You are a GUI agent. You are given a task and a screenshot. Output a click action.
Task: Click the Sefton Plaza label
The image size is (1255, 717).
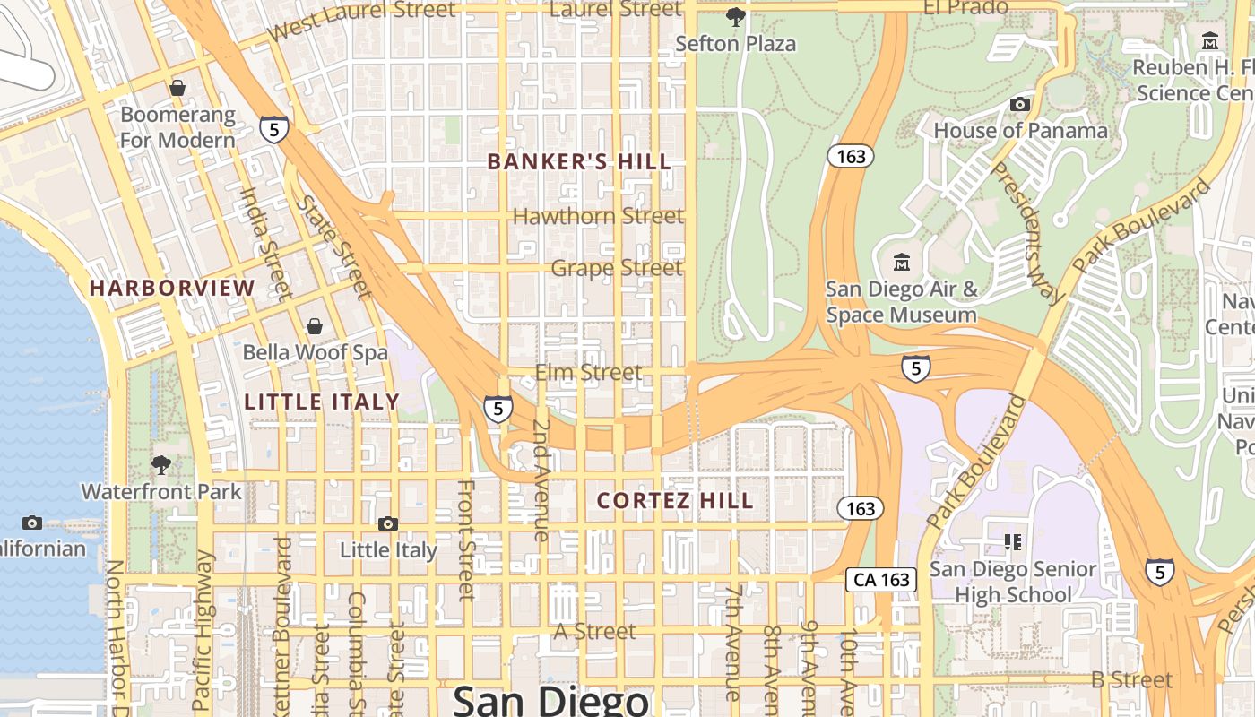click(735, 43)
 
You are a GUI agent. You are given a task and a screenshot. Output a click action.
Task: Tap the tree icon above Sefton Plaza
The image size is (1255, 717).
click(735, 16)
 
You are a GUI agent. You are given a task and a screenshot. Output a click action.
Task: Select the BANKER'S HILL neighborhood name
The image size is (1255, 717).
click(578, 162)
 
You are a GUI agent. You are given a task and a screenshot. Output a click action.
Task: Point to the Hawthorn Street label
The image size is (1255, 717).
click(598, 216)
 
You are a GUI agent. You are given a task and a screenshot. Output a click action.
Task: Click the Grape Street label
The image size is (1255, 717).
click(617, 268)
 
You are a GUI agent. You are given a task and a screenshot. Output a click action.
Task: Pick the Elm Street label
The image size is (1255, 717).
click(588, 372)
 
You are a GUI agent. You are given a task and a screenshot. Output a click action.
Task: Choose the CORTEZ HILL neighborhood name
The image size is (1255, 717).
click(675, 501)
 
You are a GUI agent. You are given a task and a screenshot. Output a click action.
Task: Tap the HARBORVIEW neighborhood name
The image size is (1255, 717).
click(172, 288)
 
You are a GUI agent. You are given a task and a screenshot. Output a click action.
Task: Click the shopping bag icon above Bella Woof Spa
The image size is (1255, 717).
click(315, 326)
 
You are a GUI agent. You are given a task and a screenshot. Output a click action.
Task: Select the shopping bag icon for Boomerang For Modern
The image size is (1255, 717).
click(177, 88)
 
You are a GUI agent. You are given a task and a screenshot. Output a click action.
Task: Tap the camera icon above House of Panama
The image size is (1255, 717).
click(1020, 105)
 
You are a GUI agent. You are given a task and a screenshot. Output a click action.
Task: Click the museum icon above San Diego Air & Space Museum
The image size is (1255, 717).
click(902, 263)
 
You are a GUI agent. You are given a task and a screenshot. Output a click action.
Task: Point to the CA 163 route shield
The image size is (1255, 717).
click(882, 580)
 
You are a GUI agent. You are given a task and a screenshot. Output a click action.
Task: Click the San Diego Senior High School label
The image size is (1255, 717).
click(1013, 582)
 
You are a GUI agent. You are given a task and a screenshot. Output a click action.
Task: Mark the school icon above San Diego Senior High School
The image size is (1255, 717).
click(1014, 541)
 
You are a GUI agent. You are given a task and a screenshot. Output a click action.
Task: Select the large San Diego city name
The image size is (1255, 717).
click(550, 699)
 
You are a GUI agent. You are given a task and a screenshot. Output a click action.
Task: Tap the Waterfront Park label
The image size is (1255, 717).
click(161, 492)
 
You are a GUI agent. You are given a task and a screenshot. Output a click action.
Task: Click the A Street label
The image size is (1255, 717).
click(594, 632)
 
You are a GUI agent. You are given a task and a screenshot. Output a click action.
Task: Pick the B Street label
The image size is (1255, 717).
click(1131, 680)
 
